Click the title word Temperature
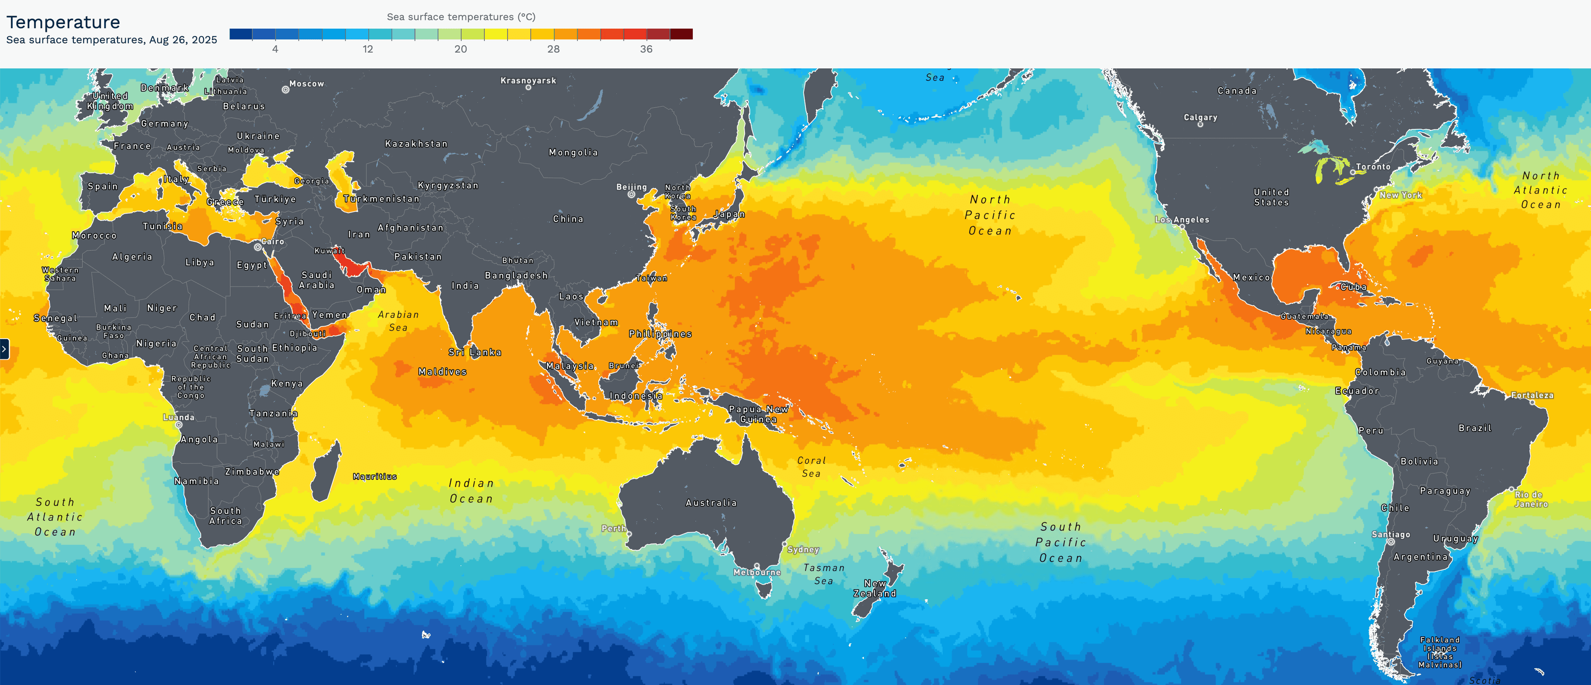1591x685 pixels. point(63,22)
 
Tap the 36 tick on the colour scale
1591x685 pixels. point(646,49)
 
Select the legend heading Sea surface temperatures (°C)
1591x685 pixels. point(461,17)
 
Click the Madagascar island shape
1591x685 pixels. point(326,472)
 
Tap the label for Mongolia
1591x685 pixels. point(573,152)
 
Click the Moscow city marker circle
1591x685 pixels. point(285,90)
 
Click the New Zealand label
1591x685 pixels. point(875,588)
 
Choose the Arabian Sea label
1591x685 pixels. point(398,321)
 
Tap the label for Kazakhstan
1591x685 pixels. point(416,144)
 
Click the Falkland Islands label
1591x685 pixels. point(1440,652)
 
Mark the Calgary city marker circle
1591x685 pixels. point(1200,124)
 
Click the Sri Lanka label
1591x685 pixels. point(475,352)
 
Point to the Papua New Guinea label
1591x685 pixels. point(759,414)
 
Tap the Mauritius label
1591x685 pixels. point(374,476)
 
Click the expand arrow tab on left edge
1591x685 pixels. point(4,349)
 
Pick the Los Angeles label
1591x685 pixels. point(1182,220)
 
